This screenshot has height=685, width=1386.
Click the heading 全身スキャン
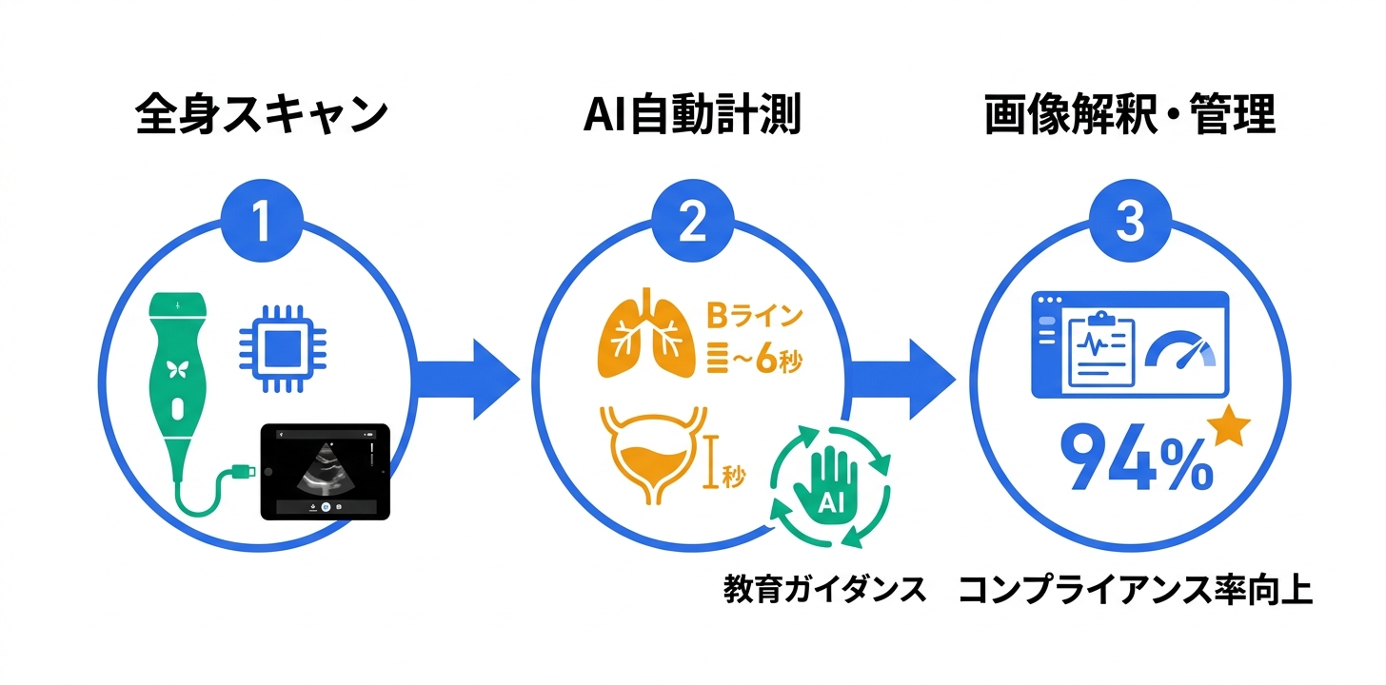pos(262,116)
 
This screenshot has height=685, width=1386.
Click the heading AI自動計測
pos(691,116)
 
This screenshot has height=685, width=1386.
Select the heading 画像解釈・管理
pos(1130,116)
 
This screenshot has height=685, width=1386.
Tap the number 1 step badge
pos(262,221)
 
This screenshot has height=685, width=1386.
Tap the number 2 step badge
pos(692,221)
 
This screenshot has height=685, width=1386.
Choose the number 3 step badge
pos(1130,221)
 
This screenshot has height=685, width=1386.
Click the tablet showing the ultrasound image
pos(325,471)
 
